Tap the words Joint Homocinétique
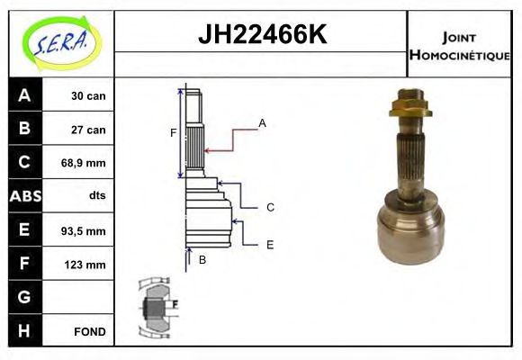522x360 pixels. (x=460, y=46)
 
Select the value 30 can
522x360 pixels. (x=89, y=96)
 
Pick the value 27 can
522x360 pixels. (x=89, y=130)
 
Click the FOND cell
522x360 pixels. (x=90, y=332)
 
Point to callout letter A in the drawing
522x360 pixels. (x=262, y=122)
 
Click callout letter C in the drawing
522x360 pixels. (x=270, y=207)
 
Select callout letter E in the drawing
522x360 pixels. (x=270, y=244)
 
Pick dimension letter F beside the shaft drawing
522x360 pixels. (x=174, y=133)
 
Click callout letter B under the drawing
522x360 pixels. (x=202, y=260)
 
